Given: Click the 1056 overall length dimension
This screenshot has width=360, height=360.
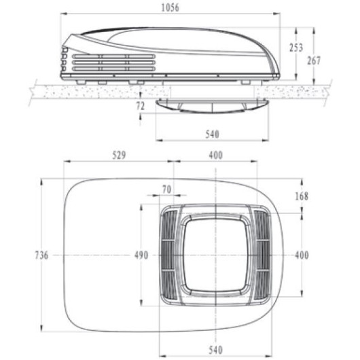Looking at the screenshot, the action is pos(170,7).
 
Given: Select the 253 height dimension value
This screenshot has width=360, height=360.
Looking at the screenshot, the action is pos(296,48).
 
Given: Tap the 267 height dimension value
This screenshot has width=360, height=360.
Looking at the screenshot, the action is pos(314,60).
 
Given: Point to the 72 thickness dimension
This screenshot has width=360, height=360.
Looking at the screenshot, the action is pos(141,106).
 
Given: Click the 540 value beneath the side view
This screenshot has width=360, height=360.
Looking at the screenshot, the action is pos(213,134).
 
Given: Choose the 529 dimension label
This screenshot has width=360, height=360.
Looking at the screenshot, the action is pos(119,156).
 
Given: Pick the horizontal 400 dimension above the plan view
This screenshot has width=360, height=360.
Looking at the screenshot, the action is pos(216,156).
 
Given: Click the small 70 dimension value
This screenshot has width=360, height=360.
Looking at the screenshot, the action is pos(167,190).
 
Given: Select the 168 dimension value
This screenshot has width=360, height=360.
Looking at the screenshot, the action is pos(302,196).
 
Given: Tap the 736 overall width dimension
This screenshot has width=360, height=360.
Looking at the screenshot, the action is pos(41,255).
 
